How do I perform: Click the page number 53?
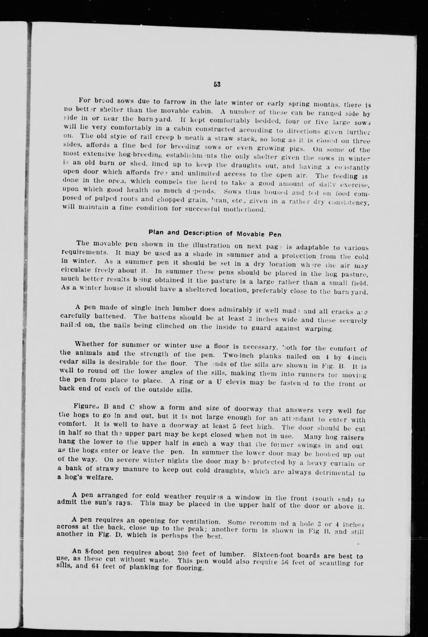pyautogui.click(x=217, y=84)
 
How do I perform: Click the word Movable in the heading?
pyautogui.click(x=249, y=234)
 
